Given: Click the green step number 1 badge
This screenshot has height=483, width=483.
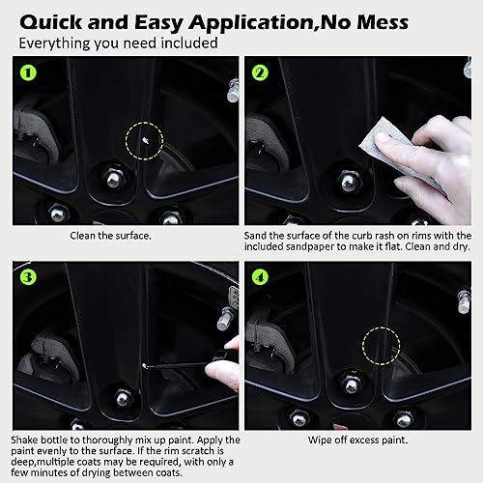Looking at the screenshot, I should pyautogui.click(x=29, y=72).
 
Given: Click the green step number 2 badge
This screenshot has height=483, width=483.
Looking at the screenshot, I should pyautogui.click(x=259, y=72).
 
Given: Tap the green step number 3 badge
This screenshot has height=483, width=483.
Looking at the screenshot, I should pyautogui.click(x=29, y=276).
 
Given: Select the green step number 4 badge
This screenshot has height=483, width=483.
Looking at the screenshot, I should pyautogui.click(x=259, y=276).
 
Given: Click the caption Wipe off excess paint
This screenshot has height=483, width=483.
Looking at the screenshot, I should pyautogui.click(x=357, y=440).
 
